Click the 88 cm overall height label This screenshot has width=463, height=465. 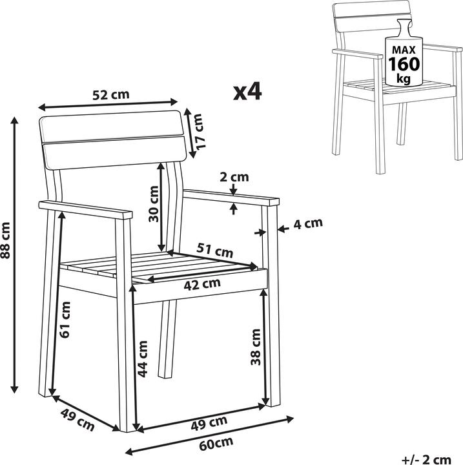click(x=5, y=240)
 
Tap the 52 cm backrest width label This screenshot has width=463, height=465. click(x=111, y=95)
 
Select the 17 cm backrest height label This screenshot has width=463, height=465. click(x=199, y=131)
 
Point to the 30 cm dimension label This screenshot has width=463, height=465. click(x=154, y=203)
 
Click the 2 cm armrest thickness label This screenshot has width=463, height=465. click(x=234, y=177)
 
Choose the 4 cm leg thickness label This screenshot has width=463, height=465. click(x=308, y=223)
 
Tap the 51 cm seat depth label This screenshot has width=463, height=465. click(x=215, y=250)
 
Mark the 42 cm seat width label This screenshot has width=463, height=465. click(x=202, y=285)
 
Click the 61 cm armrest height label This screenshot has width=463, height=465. click(x=65, y=320)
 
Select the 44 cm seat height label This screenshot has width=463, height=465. click(x=143, y=359)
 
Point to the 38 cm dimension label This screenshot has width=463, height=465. click(x=255, y=347)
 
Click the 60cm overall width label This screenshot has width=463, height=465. click(x=216, y=443)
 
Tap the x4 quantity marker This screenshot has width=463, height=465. click(x=247, y=91)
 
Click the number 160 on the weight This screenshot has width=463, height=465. click(x=404, y=64)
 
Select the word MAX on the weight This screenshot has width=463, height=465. click(x=404, y=50)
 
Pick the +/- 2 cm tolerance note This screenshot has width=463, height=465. click(x=427, y=460)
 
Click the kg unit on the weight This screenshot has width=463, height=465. click(x=404, y=78)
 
